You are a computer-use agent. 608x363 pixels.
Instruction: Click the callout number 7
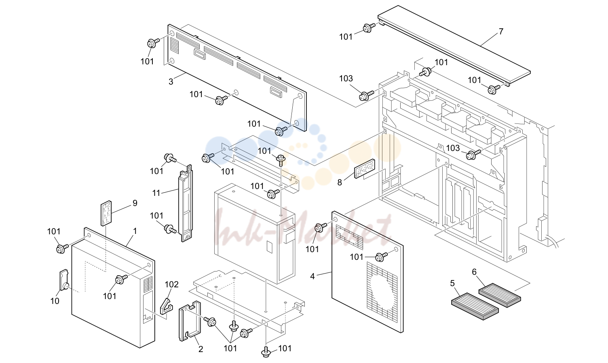pyautogui.click(x=501, y=32)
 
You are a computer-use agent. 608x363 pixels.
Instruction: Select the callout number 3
pyautogui.click(x=171, y=82)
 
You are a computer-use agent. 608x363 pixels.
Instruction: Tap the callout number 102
pyautogui.click(x=171, y=284)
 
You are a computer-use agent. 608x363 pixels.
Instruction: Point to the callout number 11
pyautogui.click(x=156, y=193)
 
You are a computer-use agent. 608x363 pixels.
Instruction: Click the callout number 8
pyautogui.click(x=340, y=183)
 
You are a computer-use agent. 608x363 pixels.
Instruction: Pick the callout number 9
pyautogui.click(x=135, y=203)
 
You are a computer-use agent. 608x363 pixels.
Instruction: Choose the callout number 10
pyautogui.click(x=55, y=301)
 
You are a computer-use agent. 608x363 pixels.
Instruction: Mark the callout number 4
pyautogui.click(x=312, y=276)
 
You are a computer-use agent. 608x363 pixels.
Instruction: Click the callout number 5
pyautogui.click(x=452, y=283)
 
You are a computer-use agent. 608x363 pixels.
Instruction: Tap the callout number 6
pyautogui.click(x=474, y=272)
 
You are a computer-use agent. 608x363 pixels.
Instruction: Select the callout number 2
pyautogui.click(x=201, y=349)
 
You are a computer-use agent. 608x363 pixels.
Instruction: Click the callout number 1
pyautogui.click(x=135, y=231)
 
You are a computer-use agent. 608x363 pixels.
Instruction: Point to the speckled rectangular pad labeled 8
pyautogui.click(x=365, y=169)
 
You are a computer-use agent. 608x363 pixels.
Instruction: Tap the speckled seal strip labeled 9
pyautogui.click(x=106, y=213)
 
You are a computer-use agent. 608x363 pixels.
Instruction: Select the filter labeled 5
pyautogui.click(x=475, y=306)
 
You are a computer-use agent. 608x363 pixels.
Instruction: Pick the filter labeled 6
pyautogui.click(x=500, y=295)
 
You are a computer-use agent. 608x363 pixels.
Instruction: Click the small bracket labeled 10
pyautogui.click(x=64, y=280)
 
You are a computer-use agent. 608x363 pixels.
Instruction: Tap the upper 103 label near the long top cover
pyautogui.click(x=346, y=79)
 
